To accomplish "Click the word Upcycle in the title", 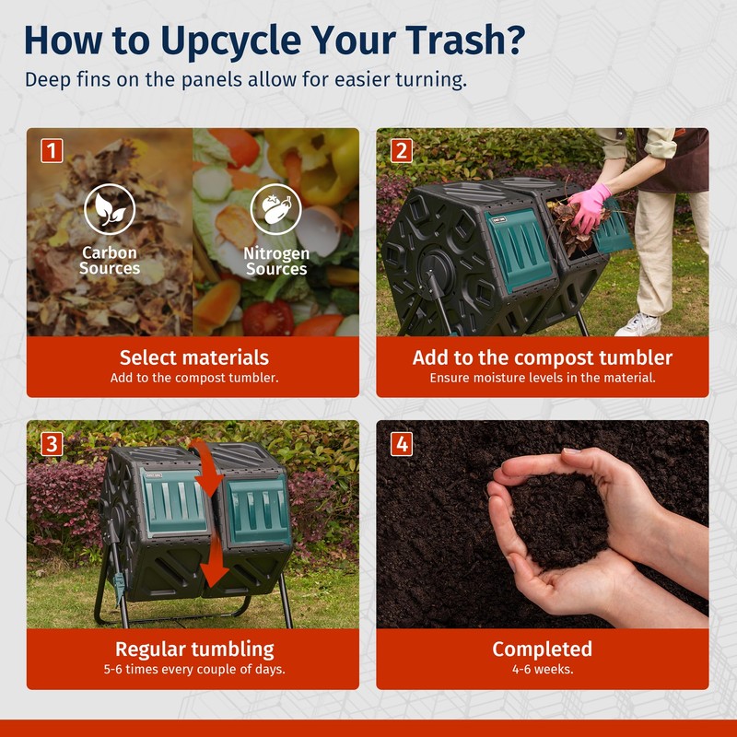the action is tap(230, 41).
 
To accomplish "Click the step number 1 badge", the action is tap(52, 150).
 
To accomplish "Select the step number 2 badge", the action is tap(402, 150).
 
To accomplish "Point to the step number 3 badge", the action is tap(52, 444).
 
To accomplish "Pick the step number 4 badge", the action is tap(402, 444).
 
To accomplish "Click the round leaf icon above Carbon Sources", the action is tap(110, 209).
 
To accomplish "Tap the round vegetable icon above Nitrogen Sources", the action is tap(275, 209).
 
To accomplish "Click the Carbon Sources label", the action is tap(110, 261).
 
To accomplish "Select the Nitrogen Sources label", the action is tap(276, 261).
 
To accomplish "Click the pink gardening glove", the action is tap(590, 206).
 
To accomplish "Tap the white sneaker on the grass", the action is tap(638, 324).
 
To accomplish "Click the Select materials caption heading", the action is tap(194, 357).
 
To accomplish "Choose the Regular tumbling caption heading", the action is tap(194, 649).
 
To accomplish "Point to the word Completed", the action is tap(542, 649).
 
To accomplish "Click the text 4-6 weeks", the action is tap(543, 669).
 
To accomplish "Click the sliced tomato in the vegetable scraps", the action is tap(267, 318).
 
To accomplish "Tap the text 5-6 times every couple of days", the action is tap(194, 669).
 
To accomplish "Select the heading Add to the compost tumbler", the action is tap(543, 357).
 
